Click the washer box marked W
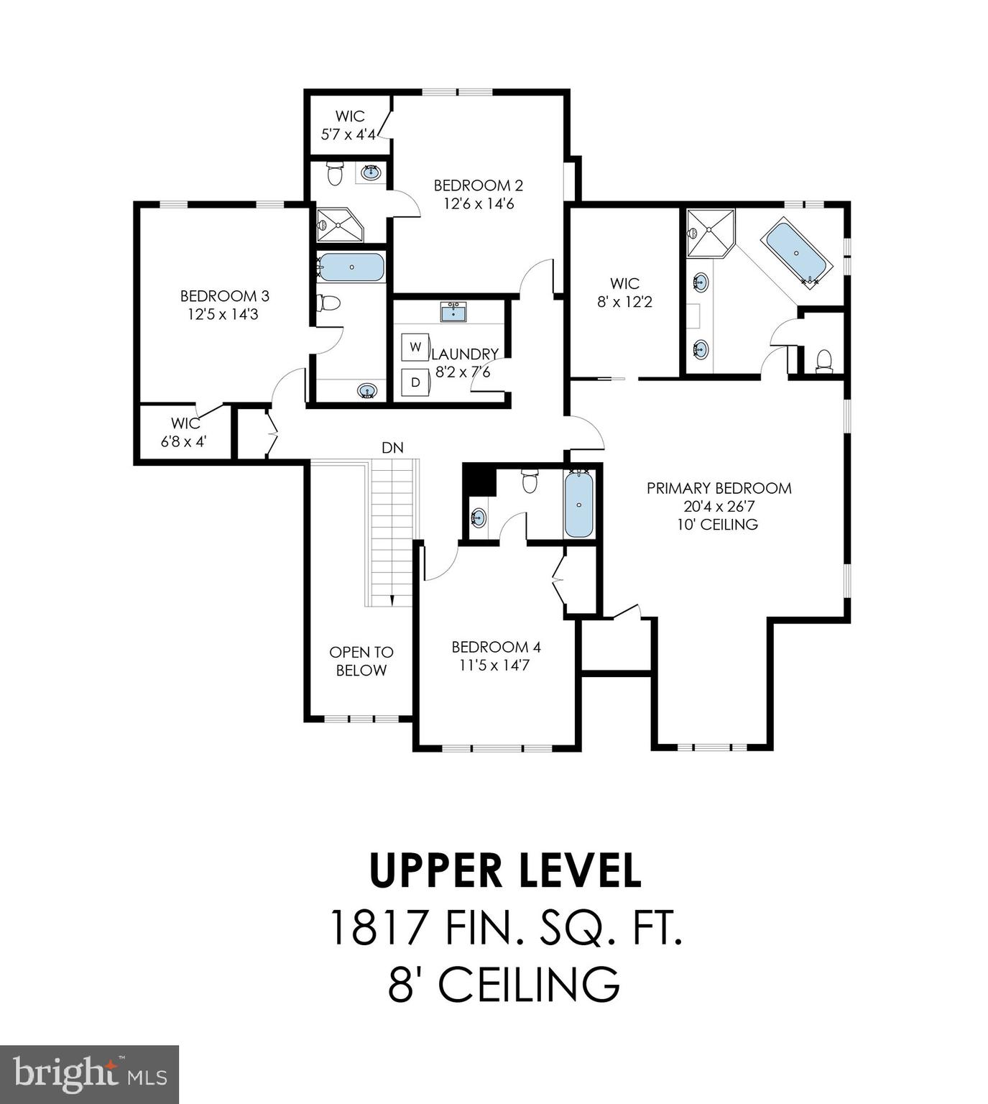[415, 346]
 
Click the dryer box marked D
[415, 382]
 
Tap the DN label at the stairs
[392, 448]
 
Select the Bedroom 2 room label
[478, 185]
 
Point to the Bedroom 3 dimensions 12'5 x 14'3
[223, 314]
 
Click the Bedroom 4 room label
[496, 647]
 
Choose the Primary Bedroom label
[719, 488]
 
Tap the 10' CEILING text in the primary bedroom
[717, 525]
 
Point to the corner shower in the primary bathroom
[708, 231]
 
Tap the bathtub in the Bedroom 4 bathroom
[578, 505]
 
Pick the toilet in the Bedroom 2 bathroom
[335, 173]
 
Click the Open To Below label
[361, 661]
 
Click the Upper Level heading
[504, 870]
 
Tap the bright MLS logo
[89, 1074]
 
